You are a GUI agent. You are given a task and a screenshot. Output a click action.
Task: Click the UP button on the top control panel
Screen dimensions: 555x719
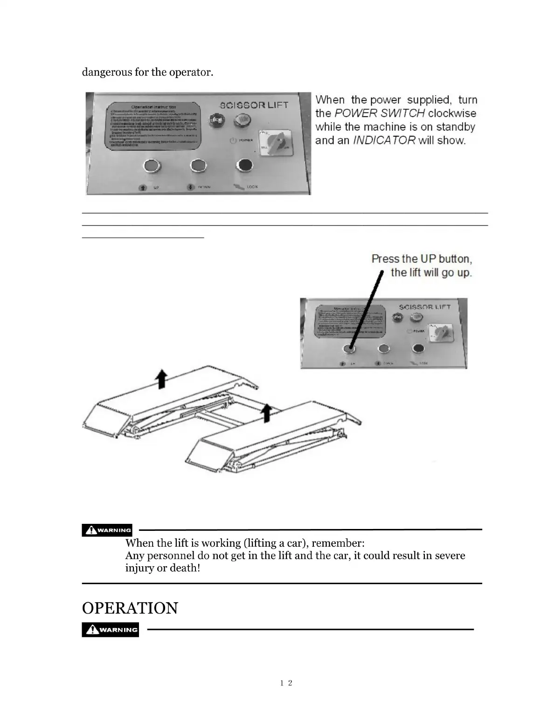tap(151, 166)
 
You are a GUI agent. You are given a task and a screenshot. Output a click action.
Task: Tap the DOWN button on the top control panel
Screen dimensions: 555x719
tap(198, 166)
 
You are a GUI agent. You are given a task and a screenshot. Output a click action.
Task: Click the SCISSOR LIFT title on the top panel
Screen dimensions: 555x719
tap(254, 106)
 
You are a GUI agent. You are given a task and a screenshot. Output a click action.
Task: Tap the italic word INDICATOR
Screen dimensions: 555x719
tap(384, 141)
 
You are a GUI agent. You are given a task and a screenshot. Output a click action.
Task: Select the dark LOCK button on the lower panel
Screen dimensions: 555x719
tap(418, 349)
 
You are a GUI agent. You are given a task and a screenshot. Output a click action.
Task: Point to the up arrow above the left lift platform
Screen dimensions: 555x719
tap(161, 377)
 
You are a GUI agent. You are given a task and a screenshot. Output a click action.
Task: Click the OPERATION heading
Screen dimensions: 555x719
tap(130, 608)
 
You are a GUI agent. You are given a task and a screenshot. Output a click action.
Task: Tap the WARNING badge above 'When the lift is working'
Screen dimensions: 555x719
tap(107, 530)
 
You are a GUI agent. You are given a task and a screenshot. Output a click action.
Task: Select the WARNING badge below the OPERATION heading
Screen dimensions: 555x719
tap(110, 630)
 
